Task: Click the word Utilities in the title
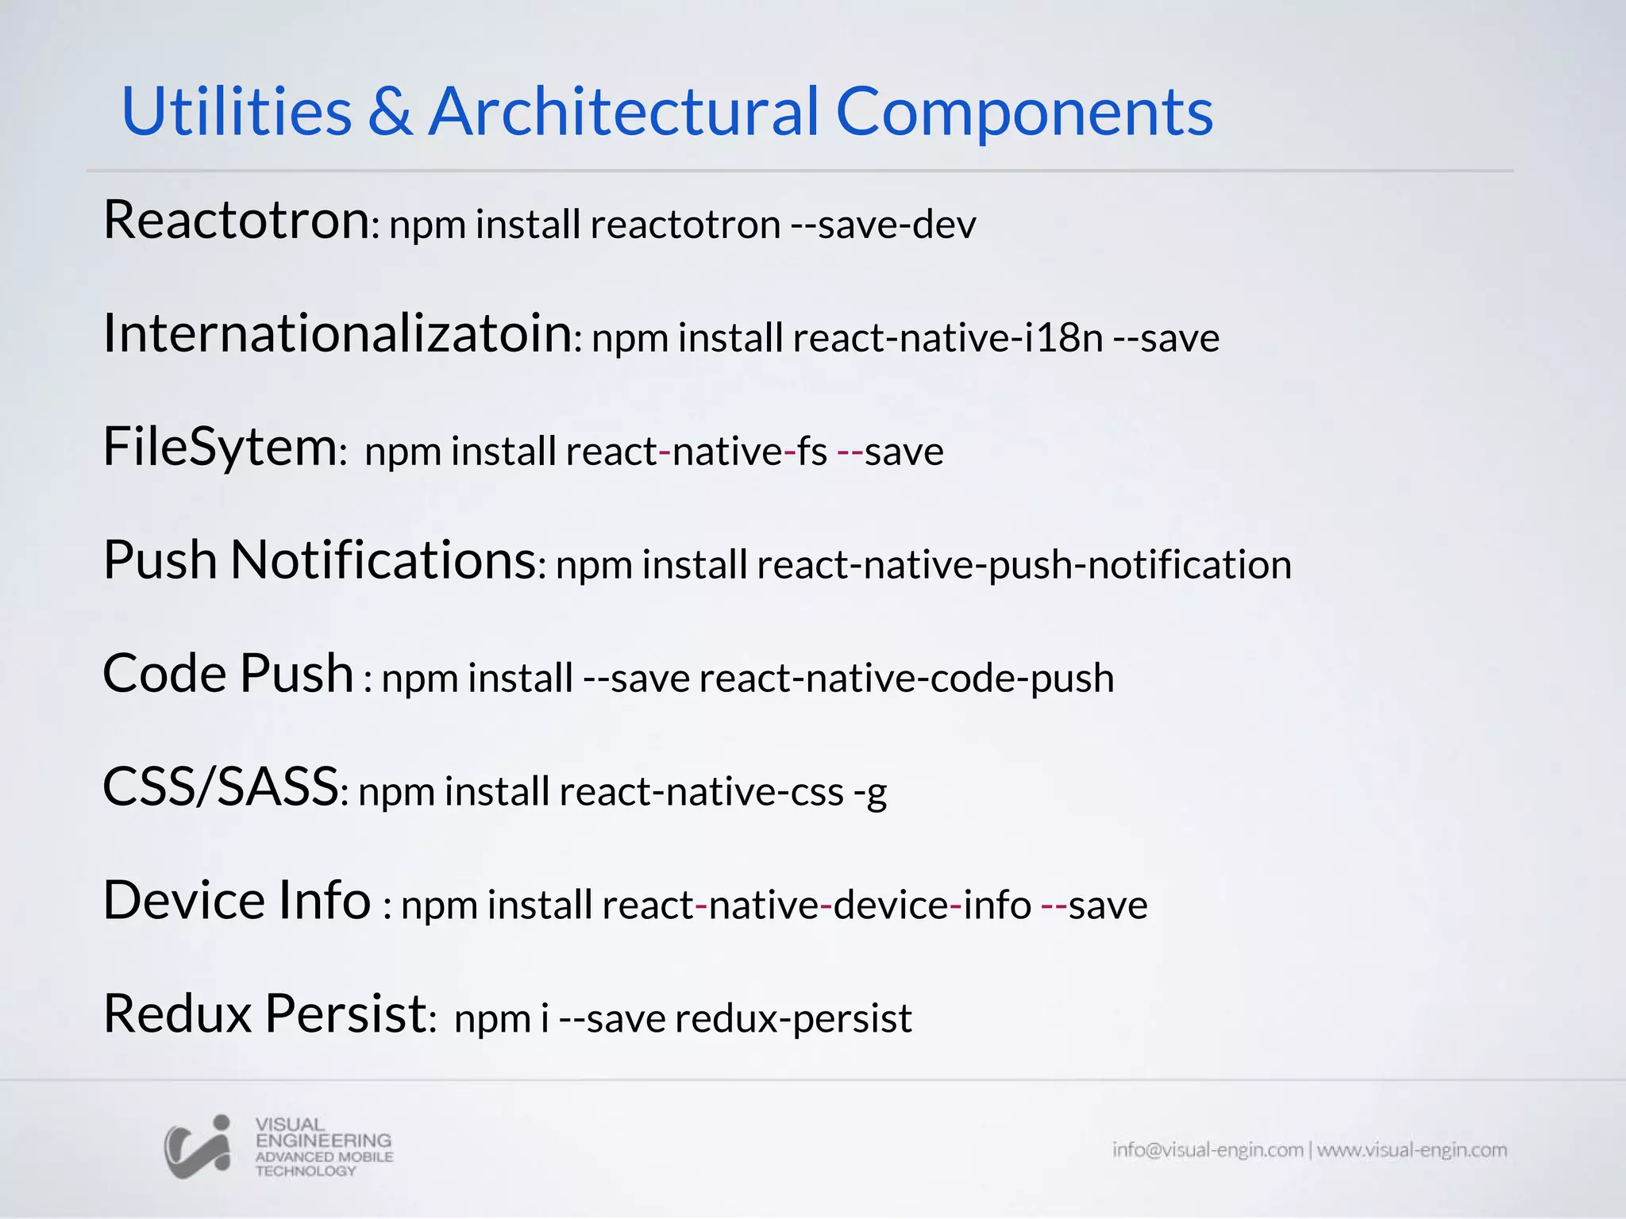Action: (x=236, y=111)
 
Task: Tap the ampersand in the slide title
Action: (x=390, y=111)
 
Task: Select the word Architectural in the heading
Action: (x=623, y=111)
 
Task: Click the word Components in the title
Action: (x=1024, y=113)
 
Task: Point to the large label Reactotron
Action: (x=237, y=220)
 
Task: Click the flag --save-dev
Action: (x=883, y=225)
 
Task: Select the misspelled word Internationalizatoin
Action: (x=337, y=333)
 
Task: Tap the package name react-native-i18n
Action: (x=948, y=338)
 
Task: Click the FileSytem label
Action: (x=221, y=447)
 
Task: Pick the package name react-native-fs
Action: (x=696, y=452)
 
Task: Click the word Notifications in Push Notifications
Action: (x=383, y=560)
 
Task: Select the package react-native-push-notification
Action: (x=1024, y=565)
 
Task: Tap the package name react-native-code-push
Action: (x=906, y=679)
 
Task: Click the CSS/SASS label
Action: (x=221, y=787)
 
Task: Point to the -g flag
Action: (x=870, y=792)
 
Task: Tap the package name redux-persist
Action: (x=793, y=1019)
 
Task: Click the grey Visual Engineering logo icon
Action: (x=198, y=1146)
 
